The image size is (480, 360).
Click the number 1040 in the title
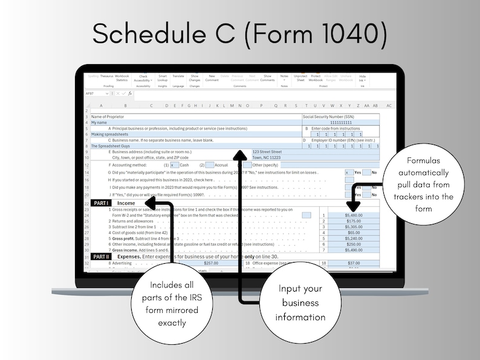[351, 35]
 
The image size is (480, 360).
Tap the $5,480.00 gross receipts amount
[354, 215]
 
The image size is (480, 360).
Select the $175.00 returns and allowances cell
[354, 221]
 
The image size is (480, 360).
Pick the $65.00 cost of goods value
[354, 233]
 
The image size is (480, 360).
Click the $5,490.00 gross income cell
[354, 250]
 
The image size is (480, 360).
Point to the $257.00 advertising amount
[211, 263]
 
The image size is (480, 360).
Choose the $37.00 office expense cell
[354, 263]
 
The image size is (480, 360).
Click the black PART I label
[101, 203]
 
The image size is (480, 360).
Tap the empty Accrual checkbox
[209, 165]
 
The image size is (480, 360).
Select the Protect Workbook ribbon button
[316, 78]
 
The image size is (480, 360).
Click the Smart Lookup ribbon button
[163, 78]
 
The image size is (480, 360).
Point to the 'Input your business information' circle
[300, 302]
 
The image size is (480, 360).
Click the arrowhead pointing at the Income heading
[152, 203]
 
